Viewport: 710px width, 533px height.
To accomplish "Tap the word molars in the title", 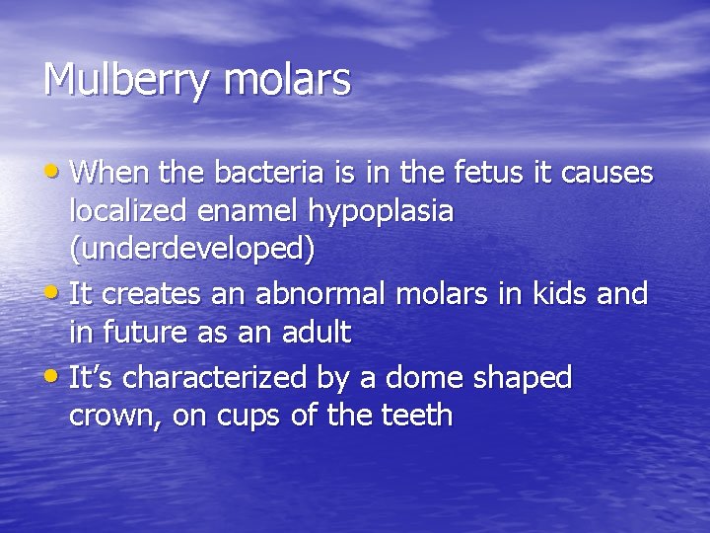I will tap(287, 79).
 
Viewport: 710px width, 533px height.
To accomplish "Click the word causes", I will tap(606, 173).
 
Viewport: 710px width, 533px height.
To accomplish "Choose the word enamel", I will tap(248, 211).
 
